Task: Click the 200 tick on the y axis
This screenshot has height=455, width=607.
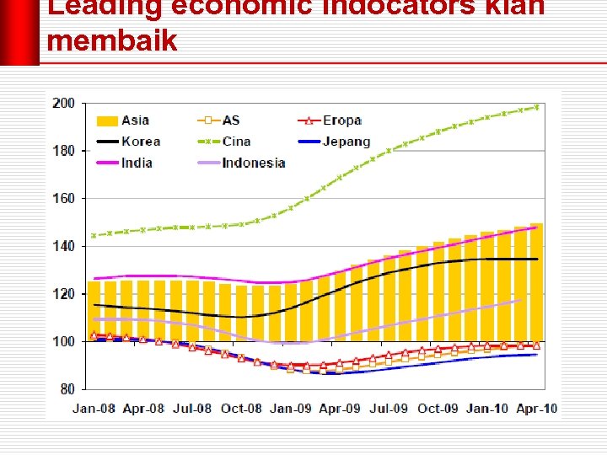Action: (x=64, y=104)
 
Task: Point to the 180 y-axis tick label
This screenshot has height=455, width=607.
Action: (x=64, y=151)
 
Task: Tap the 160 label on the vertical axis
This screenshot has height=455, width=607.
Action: (x=64, y=199)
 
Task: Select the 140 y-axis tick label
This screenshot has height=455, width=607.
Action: (x=64, y=247)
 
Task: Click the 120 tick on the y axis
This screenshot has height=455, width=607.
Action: (x=64, y=294)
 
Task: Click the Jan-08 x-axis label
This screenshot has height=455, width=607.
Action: (x=94, y=409)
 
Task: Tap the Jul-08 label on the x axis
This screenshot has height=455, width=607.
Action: (x=192, y=409)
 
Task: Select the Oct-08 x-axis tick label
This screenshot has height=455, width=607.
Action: (x=242, y=409)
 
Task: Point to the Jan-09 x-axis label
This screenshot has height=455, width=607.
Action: (x=291, y=409)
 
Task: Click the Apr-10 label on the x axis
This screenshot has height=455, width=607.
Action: (x=536, y=409)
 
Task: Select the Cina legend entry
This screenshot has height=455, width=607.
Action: (x=236, y=142)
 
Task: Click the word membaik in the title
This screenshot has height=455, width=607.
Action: (x=112, y=40)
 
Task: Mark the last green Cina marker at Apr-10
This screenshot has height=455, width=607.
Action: (x=536, y=107)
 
